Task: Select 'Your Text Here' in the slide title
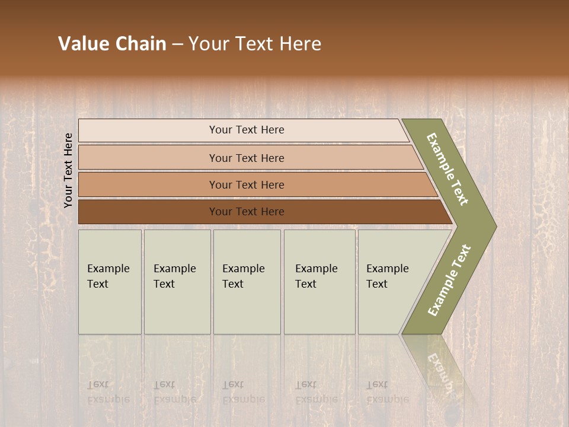click(255, 44)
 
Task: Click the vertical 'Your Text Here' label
click(68, 170)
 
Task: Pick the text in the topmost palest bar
click(247, 130)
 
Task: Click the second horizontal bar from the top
click(247, 158)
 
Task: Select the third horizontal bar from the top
click(247, 185)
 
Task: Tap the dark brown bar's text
click(247, 212)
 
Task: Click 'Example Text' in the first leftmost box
click(108, 276)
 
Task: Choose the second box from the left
click(177, 282)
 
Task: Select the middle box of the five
click(247, 282)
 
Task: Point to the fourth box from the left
click(319, 282)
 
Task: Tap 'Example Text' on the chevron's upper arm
click(448, 169)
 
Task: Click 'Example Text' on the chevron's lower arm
click(449, 281)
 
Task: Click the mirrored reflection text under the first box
click(108, 391)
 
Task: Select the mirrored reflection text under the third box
click(243, 391)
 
